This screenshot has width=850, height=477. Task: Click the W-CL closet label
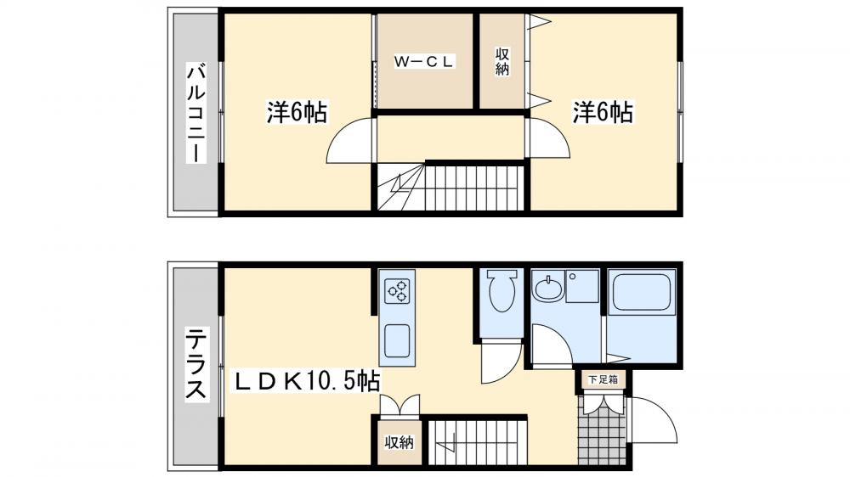[x=425, y=60]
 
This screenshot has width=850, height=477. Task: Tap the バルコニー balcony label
[x=195, y=110]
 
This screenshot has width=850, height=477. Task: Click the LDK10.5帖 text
[x=308, y=381]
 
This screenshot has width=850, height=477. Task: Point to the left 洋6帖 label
[x=297, y=112]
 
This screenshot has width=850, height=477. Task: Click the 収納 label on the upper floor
[x=502, y=62]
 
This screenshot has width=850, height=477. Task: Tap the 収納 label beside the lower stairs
[x=399, y=442]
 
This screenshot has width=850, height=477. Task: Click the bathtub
[x=642, y=293]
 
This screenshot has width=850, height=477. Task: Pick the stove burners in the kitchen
[x=397, y=293]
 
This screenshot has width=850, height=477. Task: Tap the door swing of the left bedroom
[x=350, y=140]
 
